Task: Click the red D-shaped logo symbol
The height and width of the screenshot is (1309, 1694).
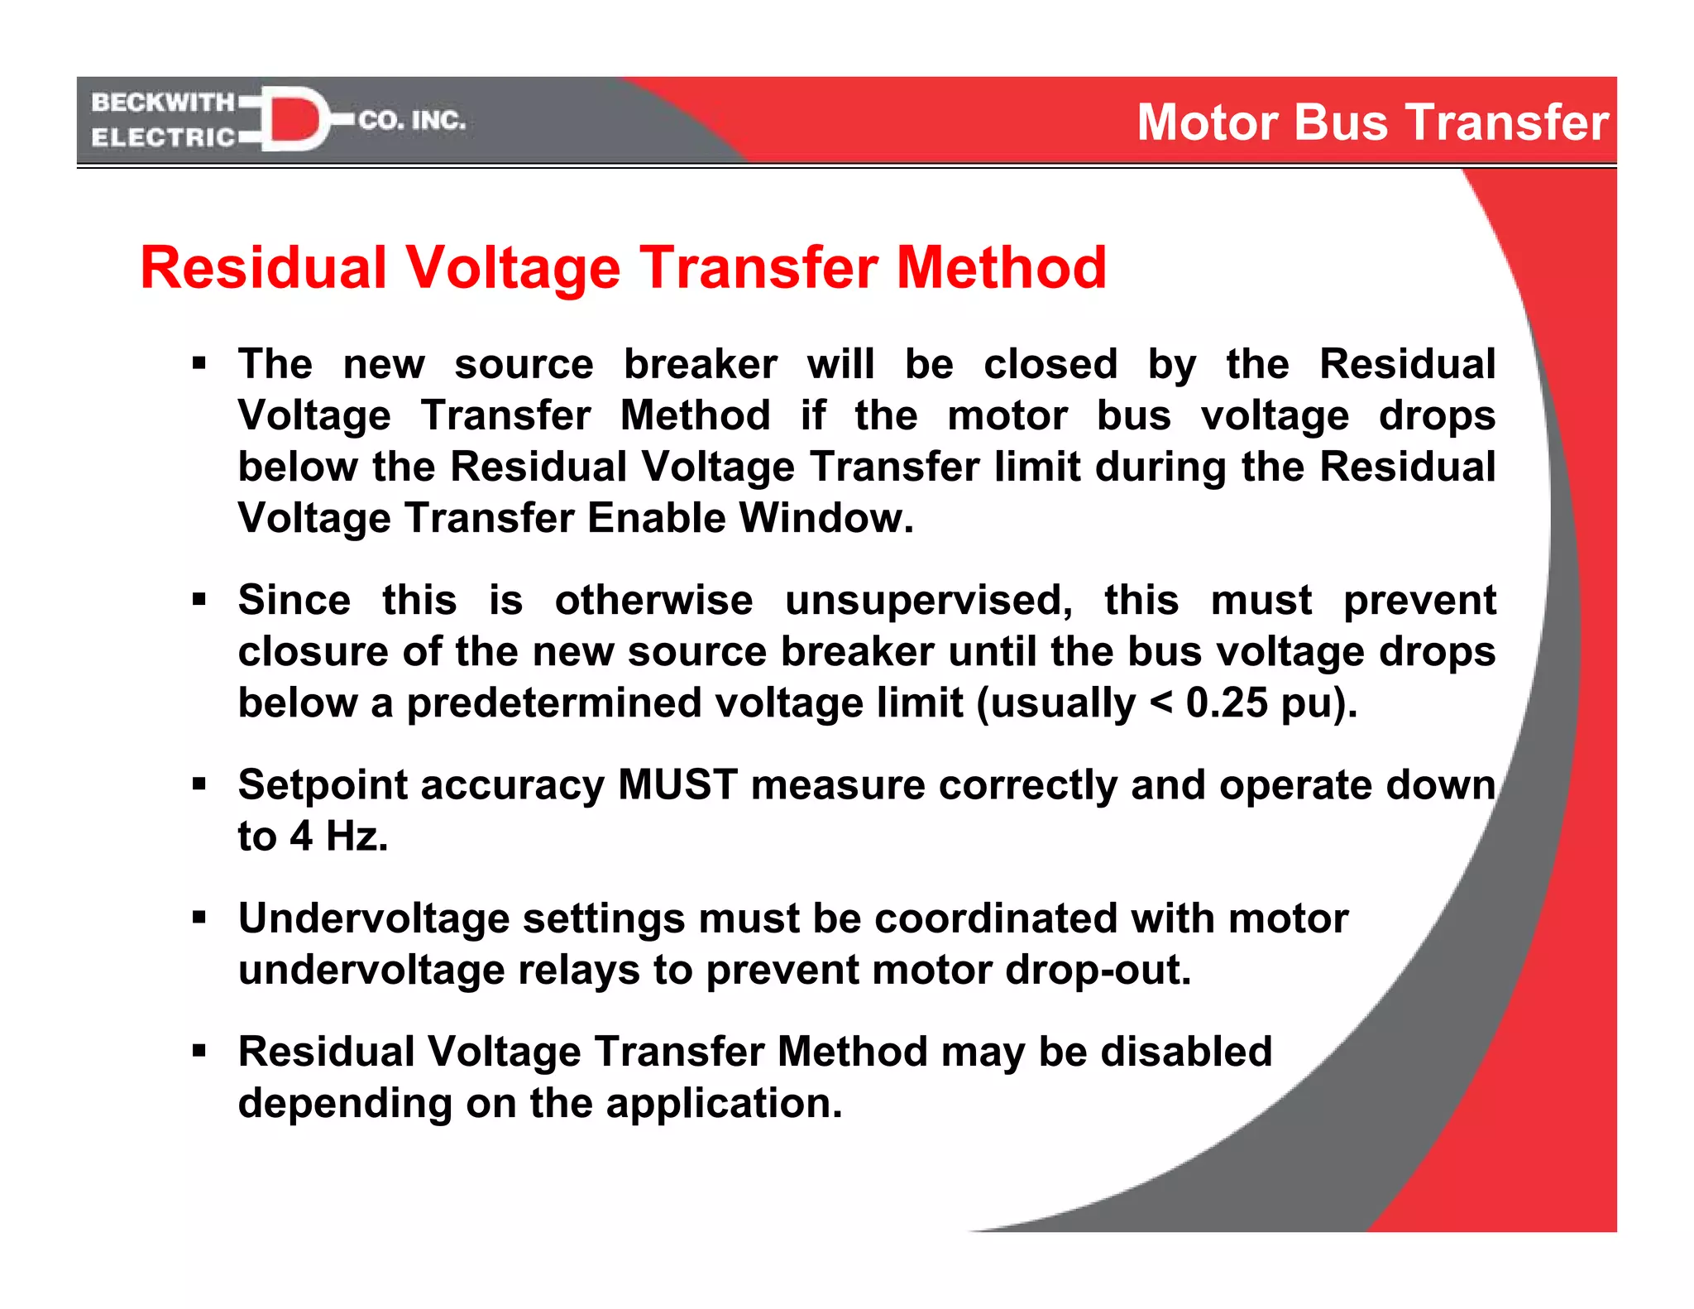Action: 294,119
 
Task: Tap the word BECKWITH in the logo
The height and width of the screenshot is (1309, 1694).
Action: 163,103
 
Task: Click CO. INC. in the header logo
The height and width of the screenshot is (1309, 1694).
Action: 412,121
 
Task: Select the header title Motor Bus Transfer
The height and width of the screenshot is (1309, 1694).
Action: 1372,122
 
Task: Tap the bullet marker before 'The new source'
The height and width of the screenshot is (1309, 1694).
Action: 199,363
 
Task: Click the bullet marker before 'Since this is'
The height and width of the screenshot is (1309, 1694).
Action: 199,599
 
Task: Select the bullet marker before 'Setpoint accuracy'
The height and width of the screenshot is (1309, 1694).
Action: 199,784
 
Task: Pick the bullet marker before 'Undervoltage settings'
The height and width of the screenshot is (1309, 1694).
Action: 199,918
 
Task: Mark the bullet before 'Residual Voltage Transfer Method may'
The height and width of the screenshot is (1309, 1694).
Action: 199,1051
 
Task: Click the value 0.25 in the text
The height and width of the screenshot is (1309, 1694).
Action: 1227,702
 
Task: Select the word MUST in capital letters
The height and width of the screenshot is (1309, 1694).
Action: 677,784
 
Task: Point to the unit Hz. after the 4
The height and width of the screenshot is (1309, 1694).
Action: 357,836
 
